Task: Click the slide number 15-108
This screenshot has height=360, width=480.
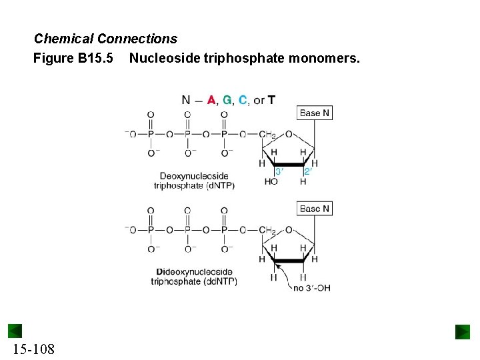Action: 33,349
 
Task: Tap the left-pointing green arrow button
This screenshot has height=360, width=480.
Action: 15,331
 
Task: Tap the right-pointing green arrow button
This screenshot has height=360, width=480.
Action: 463,331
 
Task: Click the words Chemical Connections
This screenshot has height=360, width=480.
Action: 105,39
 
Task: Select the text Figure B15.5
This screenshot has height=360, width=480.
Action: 73,59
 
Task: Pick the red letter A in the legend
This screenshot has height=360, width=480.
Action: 211,100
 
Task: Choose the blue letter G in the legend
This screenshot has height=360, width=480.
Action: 227,100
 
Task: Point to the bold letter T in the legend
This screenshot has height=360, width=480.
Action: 271,100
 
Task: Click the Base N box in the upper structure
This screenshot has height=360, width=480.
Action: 314,113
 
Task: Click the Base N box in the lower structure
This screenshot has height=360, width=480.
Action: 314,209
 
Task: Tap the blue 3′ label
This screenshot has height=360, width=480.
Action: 279,171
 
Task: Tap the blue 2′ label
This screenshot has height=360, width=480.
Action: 307,171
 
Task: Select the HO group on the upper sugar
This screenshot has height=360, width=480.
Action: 271,181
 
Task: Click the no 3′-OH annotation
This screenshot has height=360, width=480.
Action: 312,288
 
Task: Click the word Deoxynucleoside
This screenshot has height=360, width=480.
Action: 194,177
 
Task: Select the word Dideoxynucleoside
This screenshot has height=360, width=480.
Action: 194,272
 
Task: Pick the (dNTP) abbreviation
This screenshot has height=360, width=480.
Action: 219,186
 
